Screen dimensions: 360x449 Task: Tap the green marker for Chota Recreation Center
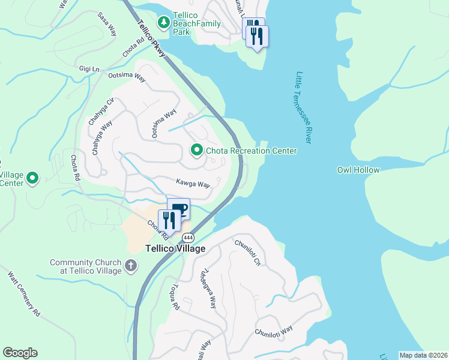(x=196, y=150)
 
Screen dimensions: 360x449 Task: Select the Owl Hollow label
(x=358, y=170)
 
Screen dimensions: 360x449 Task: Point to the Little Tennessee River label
(x=303, y=107)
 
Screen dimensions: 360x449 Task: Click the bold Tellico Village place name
(x=175, y=248)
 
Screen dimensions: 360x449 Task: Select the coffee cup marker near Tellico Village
(x=179, y=209)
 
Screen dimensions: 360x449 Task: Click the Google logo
(x=20, y=353)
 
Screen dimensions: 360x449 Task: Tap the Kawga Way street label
(x=193, y=183)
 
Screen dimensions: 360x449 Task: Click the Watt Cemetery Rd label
(x=24, y=295)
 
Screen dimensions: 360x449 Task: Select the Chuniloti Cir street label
(x=248, y=253)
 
